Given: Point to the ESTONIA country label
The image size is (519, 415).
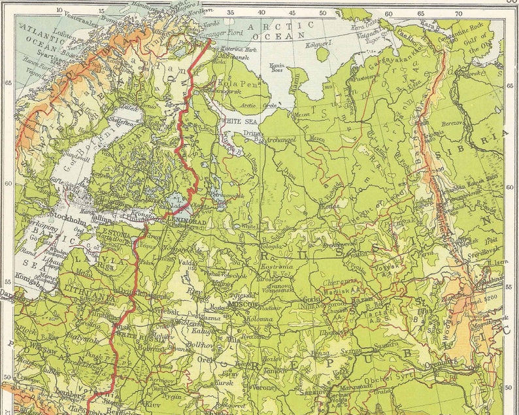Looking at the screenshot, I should (118, 231).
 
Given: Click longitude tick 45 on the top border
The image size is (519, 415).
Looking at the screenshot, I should (292, 12).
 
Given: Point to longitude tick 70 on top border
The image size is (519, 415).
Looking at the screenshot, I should (459, 12).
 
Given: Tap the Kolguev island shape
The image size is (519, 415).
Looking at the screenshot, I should (322, 53).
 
